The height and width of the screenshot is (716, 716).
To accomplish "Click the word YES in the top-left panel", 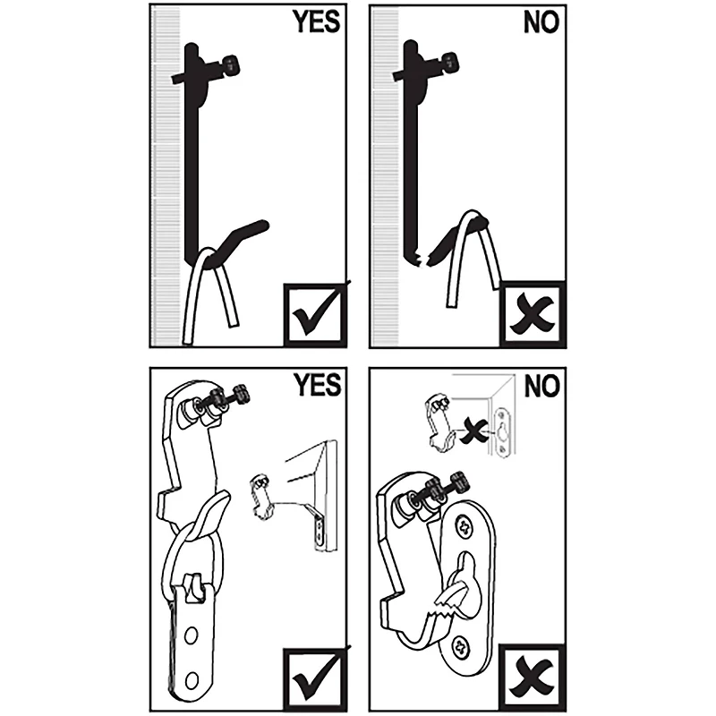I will pyautogui.click(x=314, y=22).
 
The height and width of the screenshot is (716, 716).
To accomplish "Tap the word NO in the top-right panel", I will pyautogui.click(x=541, y=22).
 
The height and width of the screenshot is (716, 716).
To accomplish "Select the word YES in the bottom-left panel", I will pyautogui.click(x=314, y=386).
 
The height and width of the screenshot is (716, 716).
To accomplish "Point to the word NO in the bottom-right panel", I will pyautogui.click(x=541, y=387).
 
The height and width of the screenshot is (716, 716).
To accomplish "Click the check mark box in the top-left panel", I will pyautogui.click(x=313, y=313).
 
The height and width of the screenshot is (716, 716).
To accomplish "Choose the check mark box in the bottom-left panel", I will pyautogui.click(x=313, y=676).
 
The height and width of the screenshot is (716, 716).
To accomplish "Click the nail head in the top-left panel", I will pyautogui.click(x=232, y=64).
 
